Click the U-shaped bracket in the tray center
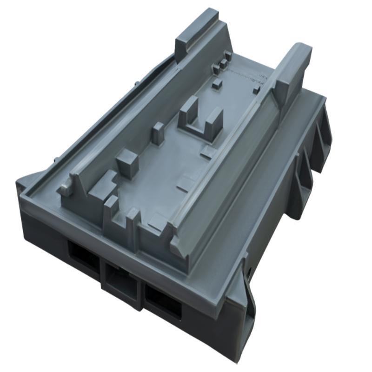click(x=201, y=119)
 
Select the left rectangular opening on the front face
click(x=84, y=256)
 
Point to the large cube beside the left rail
click(x=127, y=163)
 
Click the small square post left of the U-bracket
click(x=158, y=132)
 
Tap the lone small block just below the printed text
click(x=256, y=90)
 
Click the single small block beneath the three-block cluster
click(x=217, y=84)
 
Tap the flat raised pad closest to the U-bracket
click(x=208, y=151)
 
